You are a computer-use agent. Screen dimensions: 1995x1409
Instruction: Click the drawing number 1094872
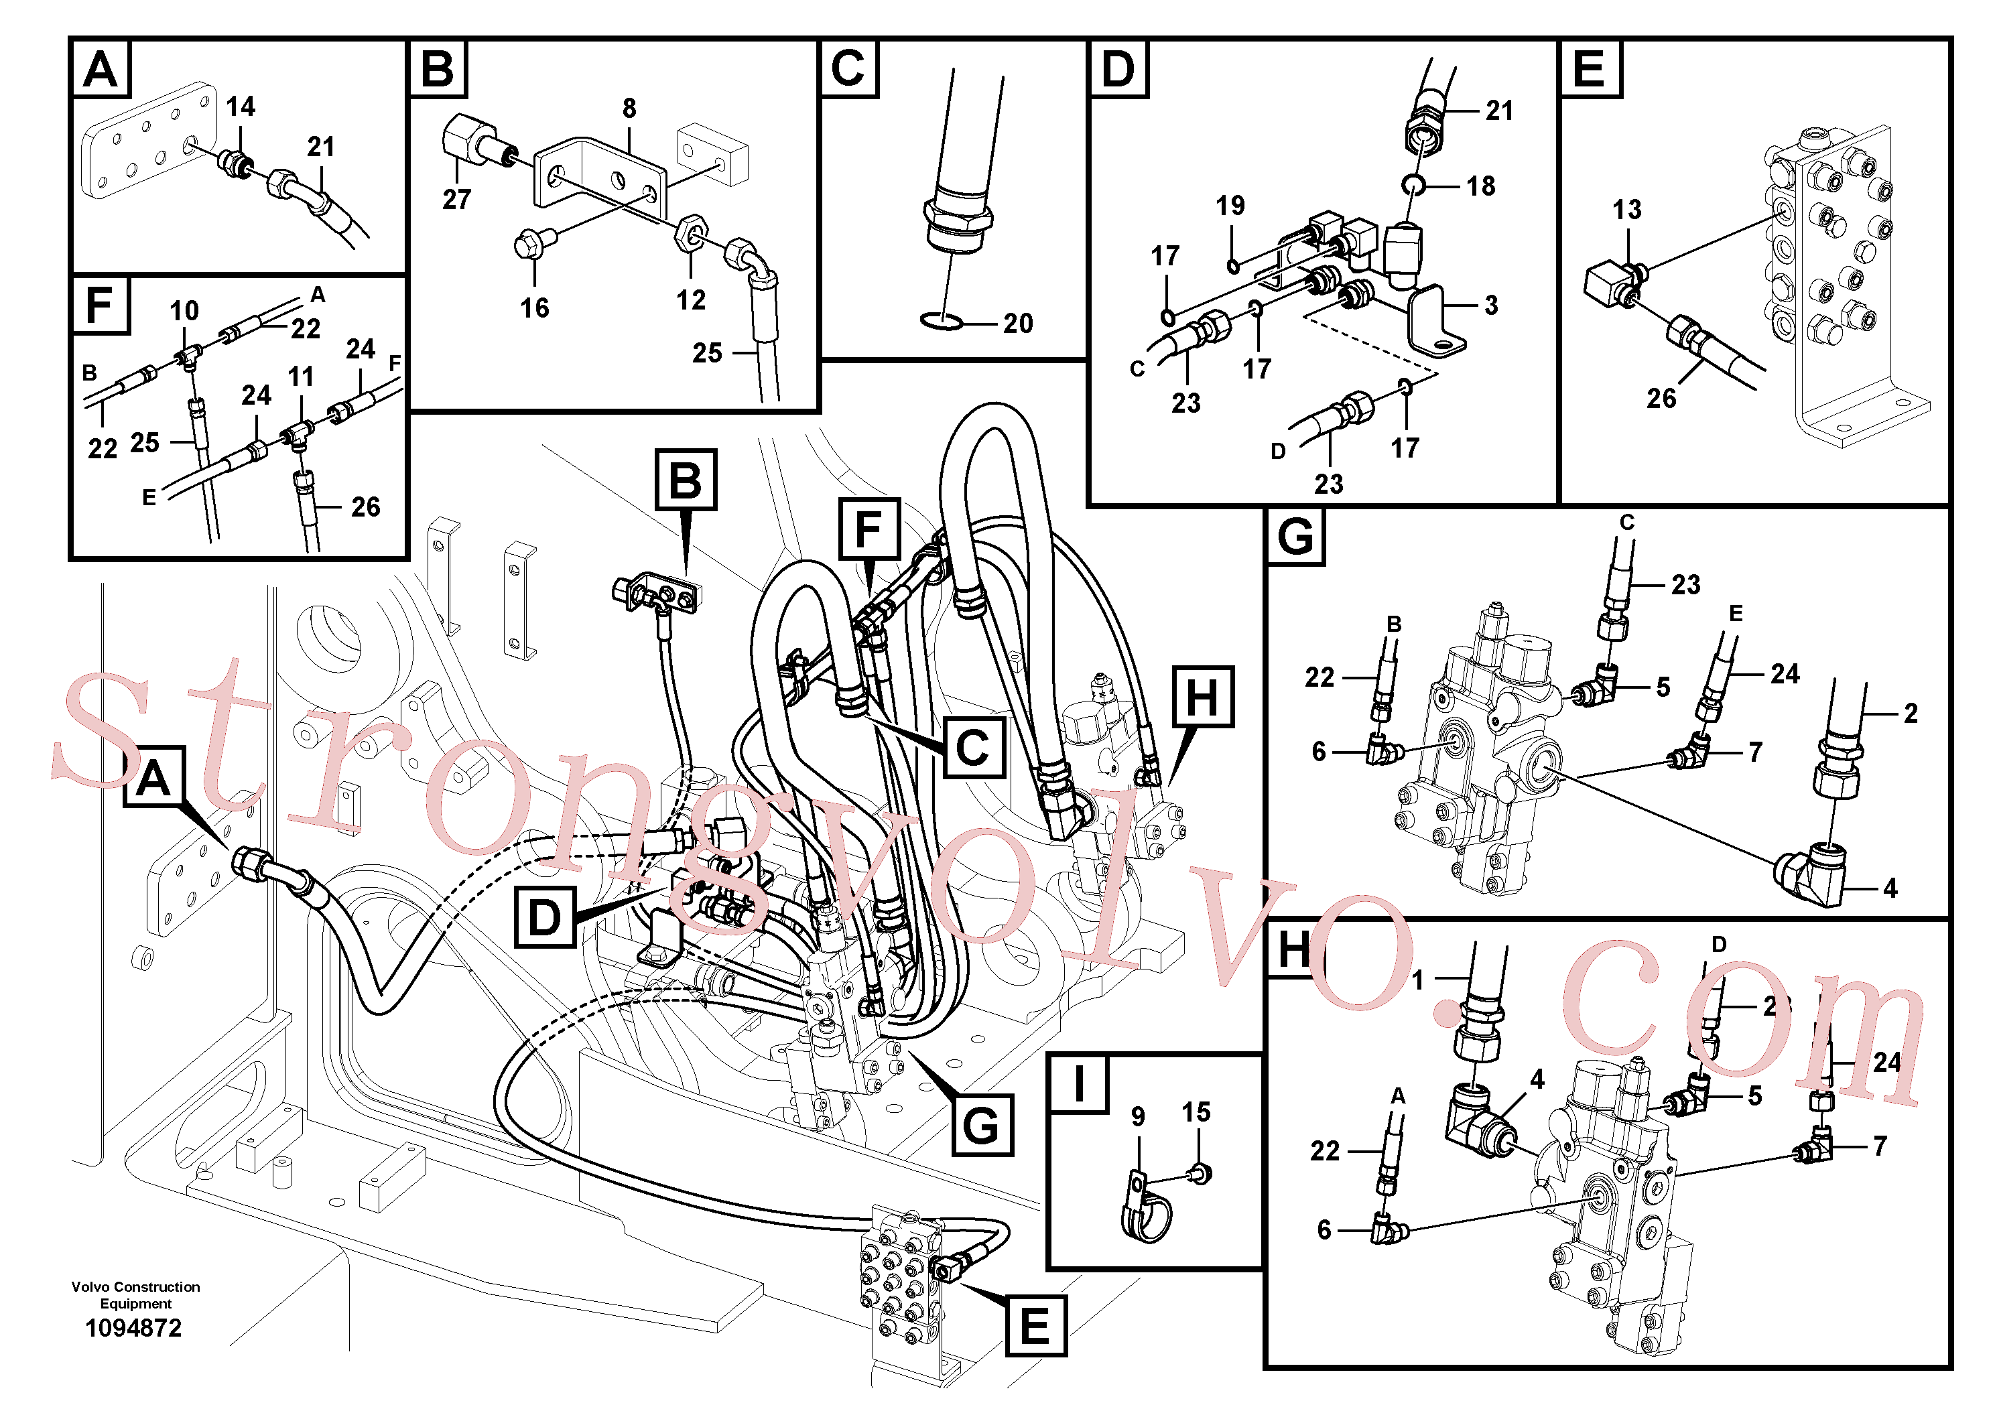pos(134,1328)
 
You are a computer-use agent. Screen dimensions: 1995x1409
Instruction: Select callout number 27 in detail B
pos(457,200)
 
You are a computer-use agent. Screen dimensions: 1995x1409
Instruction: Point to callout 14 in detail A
pos(241,107)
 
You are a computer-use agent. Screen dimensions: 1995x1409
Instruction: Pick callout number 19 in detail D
pos(1230,206)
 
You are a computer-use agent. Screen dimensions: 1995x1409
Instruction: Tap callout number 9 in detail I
pos(1139,1117)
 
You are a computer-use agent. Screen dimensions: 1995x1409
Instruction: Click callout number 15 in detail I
pos(1196,1112)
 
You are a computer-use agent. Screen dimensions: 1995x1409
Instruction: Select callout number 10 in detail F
pos(184,311)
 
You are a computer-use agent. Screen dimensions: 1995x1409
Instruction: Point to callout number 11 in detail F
pos(301,377)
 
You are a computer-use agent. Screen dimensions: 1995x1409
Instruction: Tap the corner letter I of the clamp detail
pos(1079,1084)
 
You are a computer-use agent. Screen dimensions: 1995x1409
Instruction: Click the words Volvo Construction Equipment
pos(135,1295)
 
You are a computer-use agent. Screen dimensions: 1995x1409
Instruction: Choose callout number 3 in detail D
pos(1491,306)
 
